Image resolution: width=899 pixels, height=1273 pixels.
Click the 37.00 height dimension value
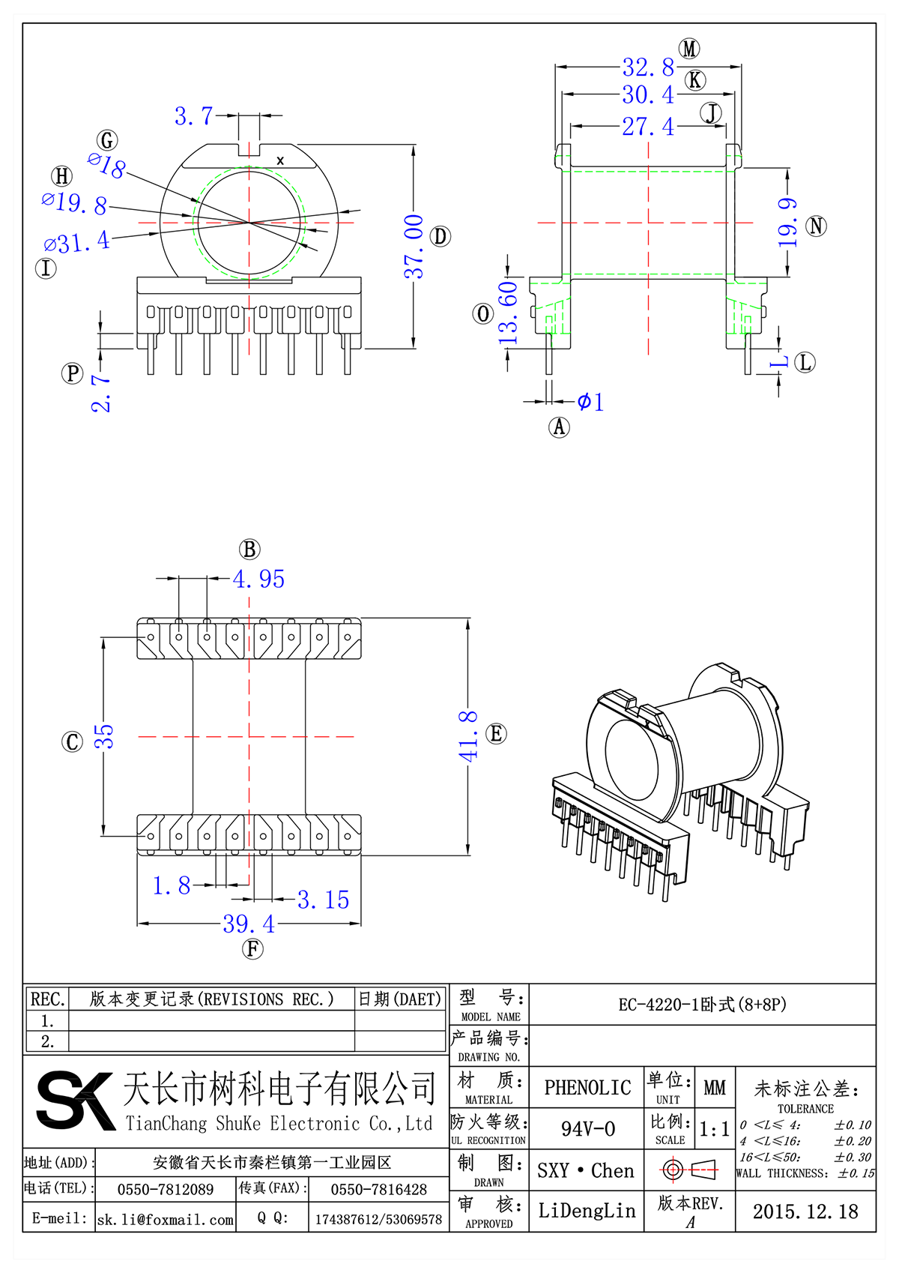(414, 247)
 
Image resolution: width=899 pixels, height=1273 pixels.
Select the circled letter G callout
(107, 140)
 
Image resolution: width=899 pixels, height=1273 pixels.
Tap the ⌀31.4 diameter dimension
(76, 243)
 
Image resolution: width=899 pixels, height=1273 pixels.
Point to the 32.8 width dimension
(648, 67)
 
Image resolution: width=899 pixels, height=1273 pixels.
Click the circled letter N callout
(816, 226)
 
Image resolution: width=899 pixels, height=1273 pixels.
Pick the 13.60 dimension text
(508, 312)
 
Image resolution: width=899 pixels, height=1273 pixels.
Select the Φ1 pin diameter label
(590, 402)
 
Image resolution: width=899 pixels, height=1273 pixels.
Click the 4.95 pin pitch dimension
(258, 579)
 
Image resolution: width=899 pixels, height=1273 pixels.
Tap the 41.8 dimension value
(468, 736)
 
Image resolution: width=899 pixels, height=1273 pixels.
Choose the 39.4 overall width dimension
(249, 924)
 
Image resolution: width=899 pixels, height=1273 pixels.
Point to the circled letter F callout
(252, 949)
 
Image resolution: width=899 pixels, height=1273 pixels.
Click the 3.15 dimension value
(323, 900)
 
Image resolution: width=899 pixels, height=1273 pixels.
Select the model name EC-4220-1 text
(702, 1005)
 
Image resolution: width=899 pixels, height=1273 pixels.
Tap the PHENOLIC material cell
(587, 1088)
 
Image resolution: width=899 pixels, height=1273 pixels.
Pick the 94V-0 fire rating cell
(587, 1129)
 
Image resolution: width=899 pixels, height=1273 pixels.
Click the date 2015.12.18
(805, 1212)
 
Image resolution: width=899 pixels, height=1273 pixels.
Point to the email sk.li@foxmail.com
(166, 1220)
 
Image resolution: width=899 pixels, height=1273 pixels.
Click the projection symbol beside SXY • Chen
(689, 1170)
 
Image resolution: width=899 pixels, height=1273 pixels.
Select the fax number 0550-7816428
(378, 1190)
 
